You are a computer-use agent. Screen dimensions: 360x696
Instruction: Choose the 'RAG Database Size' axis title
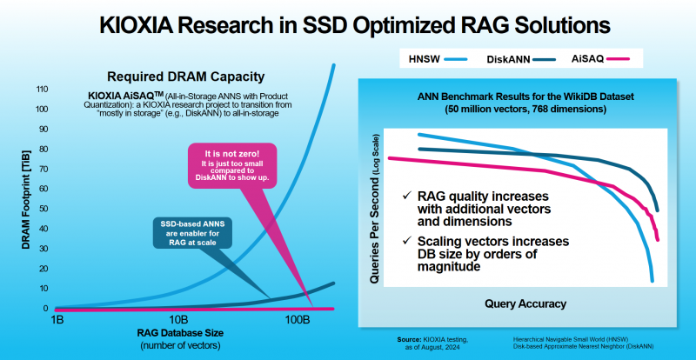tap(177, 332)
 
